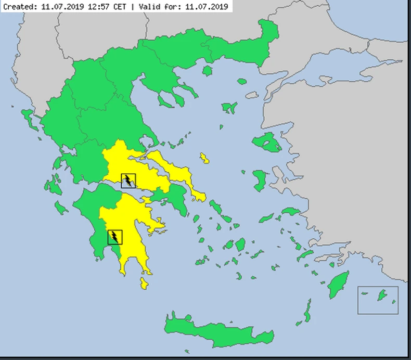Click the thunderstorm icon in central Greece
coord(128,181)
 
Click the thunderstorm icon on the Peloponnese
coord(115,237)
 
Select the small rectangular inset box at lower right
coord(378,300)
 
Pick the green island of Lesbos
coord(267,142)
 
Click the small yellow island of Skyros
coord(205,158)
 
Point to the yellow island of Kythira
coord(144,284)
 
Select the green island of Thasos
coord(207,71)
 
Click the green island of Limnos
coord(229,108)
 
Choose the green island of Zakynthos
coord(62,208)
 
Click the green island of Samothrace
coord(241,81)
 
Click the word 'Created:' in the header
coord(20,7)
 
